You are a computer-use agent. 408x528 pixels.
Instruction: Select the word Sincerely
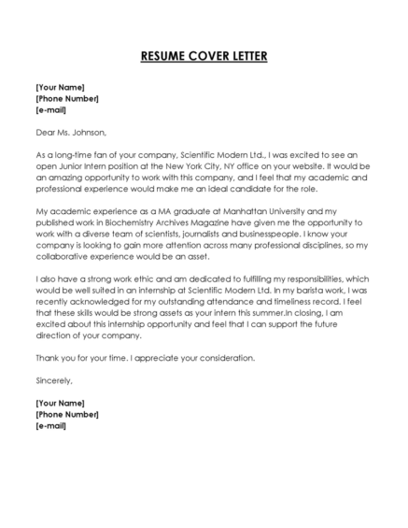(53, 380)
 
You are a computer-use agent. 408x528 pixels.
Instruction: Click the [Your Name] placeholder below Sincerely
(63, 403)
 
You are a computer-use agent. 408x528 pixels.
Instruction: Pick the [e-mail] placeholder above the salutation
(50, 109)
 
